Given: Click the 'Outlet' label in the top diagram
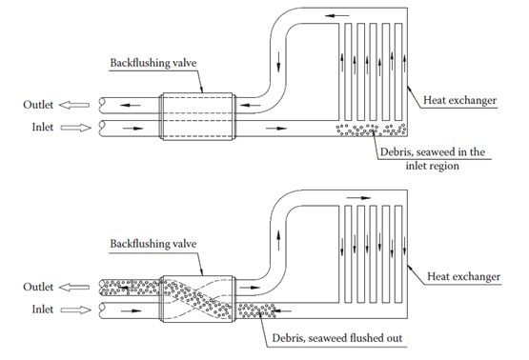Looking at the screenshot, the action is point(38,105).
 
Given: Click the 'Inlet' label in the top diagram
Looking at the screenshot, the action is point(43,127).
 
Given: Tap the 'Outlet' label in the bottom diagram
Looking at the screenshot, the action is point(38,287).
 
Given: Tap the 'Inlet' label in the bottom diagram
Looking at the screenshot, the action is point(43,310).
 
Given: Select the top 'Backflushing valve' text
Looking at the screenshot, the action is point(153,63).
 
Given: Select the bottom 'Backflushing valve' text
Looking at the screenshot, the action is point(153,244).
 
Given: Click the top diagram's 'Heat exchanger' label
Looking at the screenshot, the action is point(459,100).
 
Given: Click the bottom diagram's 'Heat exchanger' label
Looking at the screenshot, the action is point(463,276).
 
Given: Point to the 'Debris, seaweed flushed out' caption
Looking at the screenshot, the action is point(337,338).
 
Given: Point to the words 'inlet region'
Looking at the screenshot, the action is point(432,166).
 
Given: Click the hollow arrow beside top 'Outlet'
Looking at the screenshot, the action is point(74,105).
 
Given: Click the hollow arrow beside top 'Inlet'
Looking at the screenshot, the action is point(76,128).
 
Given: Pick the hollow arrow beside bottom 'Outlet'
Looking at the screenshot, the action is point(74,288).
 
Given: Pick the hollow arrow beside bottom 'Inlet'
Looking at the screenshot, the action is point(76,310).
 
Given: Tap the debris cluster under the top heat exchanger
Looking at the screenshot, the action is point(371,130).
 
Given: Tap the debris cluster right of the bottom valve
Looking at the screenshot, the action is point(256,310).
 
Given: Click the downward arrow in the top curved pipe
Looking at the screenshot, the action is point(278,62).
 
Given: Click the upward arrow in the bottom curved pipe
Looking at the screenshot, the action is point(278,240).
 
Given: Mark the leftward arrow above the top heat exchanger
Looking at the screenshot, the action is point(337,15).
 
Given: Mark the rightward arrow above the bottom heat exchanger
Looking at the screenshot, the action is point(359,198).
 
